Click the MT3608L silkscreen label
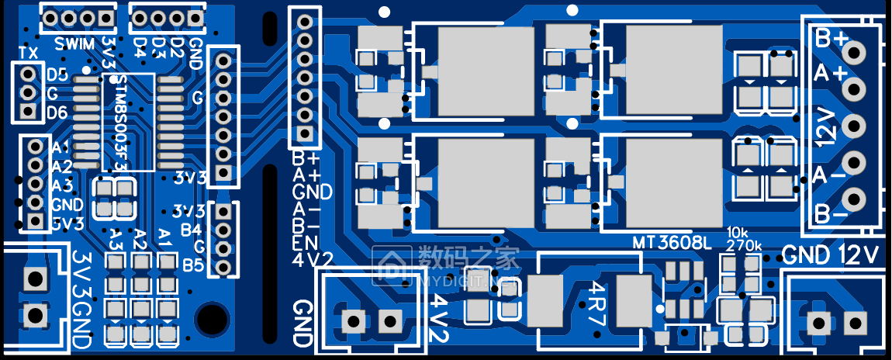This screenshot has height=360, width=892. coord(672,243)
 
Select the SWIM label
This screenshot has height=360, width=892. coord(75,42)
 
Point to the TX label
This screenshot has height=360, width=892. coord(29,53)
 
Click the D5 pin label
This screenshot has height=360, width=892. coord(57,75)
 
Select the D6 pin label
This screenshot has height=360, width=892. coord(57,112)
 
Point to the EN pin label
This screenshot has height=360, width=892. coord(303,243)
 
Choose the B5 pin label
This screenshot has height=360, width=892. coord(193,265)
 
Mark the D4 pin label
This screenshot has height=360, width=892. coord(140,46)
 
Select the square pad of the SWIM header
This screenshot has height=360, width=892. coord(104,18)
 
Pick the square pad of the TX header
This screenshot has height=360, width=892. coord(29,111)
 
